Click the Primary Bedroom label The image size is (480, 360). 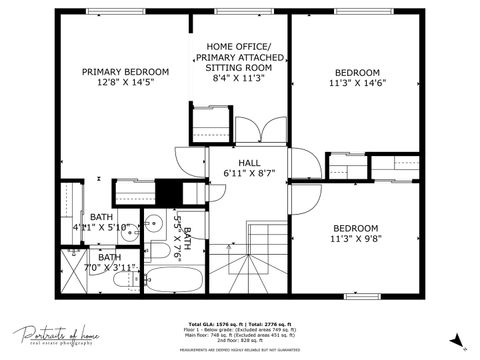tap(125, 72)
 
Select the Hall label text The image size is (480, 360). tap(250, 162)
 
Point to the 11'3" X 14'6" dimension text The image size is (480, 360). tap(357, 85)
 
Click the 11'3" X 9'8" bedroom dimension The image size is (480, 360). tap(355, 240)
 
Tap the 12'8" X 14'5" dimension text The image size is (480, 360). tap(125, 84)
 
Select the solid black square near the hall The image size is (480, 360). tap(173, 191)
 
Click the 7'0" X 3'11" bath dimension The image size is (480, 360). tap(105, 267)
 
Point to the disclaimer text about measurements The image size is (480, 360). tap(239, 350)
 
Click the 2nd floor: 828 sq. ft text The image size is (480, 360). tap(239, 343)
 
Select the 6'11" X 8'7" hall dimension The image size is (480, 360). tap(250, 174)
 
